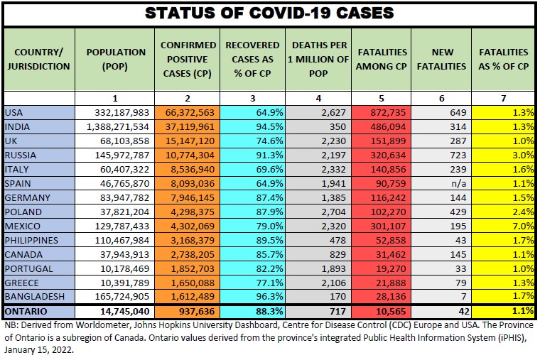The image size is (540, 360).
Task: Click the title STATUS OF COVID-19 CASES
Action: click(269, 13)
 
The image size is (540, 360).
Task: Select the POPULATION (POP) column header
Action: click(115, 59)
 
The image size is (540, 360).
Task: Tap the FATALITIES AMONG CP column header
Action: click(382, 59)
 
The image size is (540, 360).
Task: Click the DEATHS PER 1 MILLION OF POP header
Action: click(318, 59)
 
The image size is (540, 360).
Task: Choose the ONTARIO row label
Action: click(27, 311)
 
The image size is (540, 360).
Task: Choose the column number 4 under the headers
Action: click(318, 97)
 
